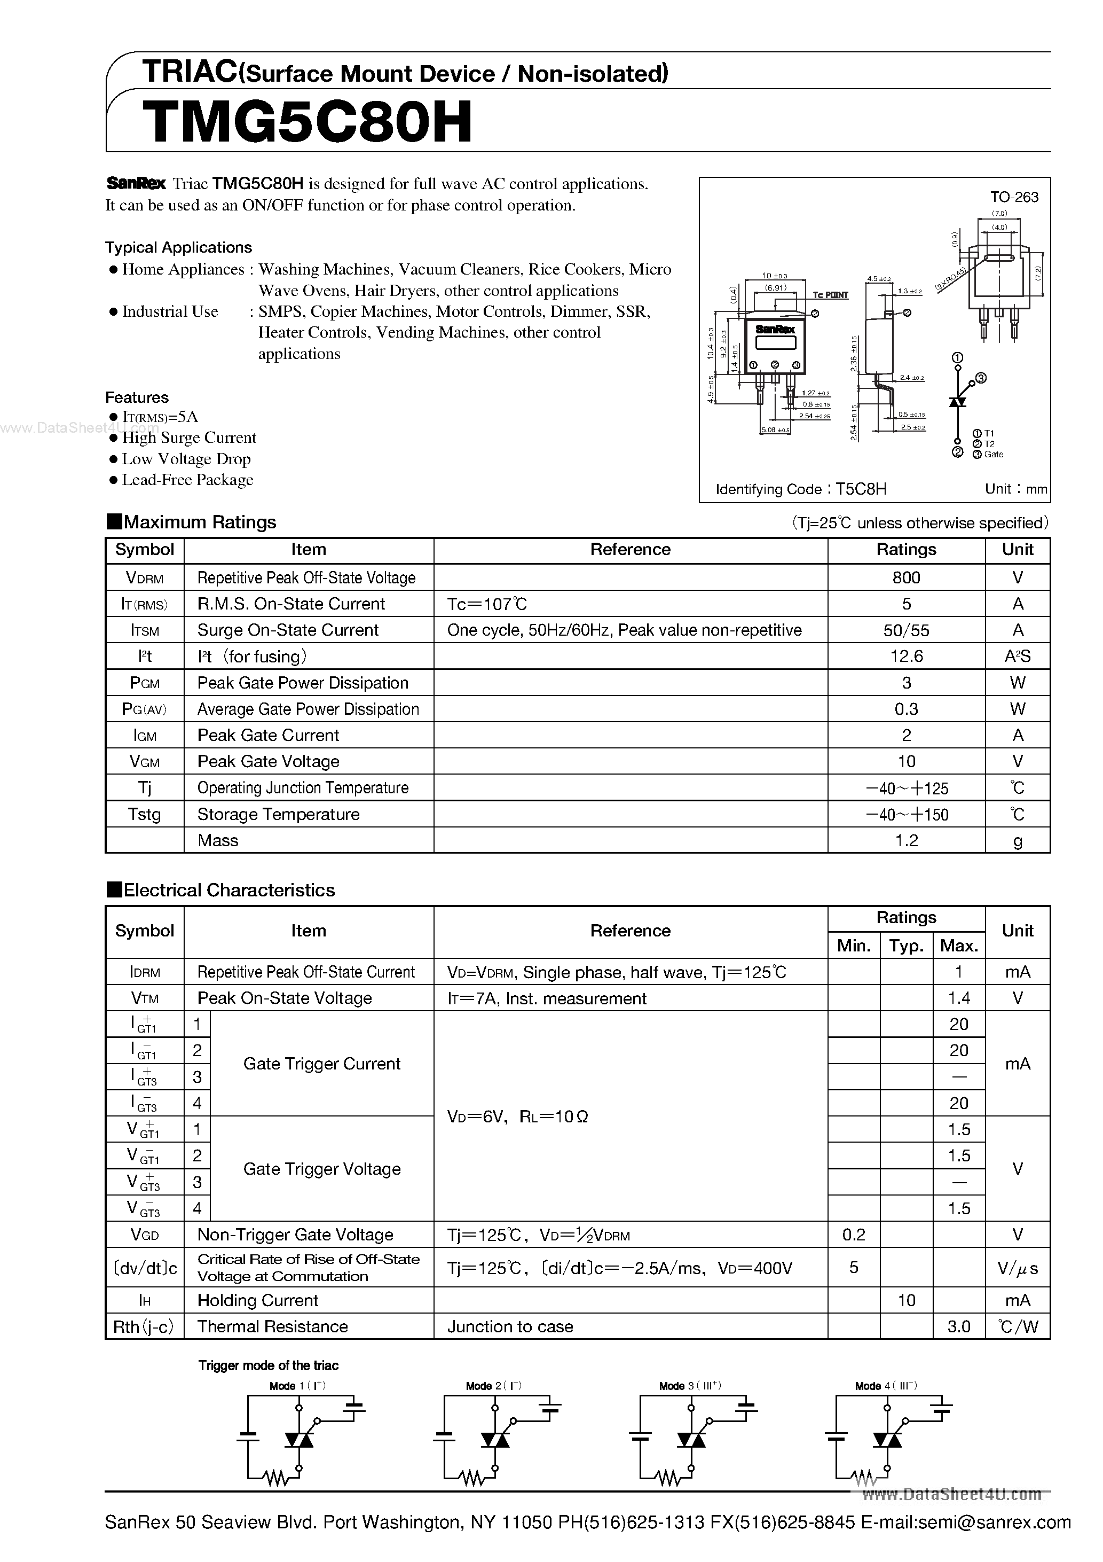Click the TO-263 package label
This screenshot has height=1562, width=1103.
[x=1013, y=197]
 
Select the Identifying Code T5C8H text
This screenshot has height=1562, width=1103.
[x=800, y=489]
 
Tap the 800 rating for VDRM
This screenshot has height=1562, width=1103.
[x=906, y=577]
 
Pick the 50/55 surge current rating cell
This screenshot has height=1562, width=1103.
[x=906, y=630]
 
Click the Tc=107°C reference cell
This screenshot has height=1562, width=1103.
[x=487, y=604]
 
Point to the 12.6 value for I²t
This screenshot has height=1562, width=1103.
[x=906, y=657]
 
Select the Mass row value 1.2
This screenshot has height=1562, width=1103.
[x=906, y=841]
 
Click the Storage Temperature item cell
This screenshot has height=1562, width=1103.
[x=278, y=814]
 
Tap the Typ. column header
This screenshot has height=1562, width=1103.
[x=906, y=946]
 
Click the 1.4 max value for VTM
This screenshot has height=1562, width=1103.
[x=958, y=998]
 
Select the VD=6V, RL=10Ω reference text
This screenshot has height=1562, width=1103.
[x=517, y=1116]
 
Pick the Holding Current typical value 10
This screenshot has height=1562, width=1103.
[x=906, y=1300]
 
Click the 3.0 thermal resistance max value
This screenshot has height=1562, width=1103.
[x=958, y=1326]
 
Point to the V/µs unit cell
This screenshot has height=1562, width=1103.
[x=1018, y=1268]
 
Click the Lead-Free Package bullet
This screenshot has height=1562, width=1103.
[x=187, y=480]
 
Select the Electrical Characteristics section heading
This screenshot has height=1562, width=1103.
[x=229, y=890]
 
